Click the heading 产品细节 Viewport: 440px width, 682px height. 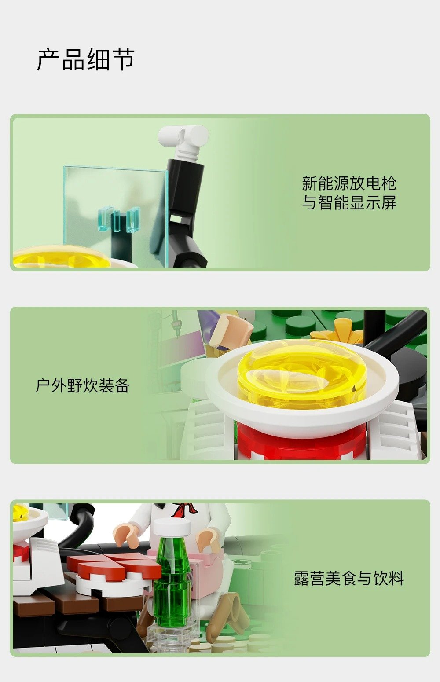click(x=85, y=59)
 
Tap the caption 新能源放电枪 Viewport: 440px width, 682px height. click(x=349, y=183)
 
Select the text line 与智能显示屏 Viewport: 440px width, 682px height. click(x=349, y=202)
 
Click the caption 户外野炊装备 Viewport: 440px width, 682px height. click(x=83, y=385)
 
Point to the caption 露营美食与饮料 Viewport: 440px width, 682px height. click(x=349, y=578)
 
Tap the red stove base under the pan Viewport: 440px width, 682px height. click(x=301, y=441)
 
